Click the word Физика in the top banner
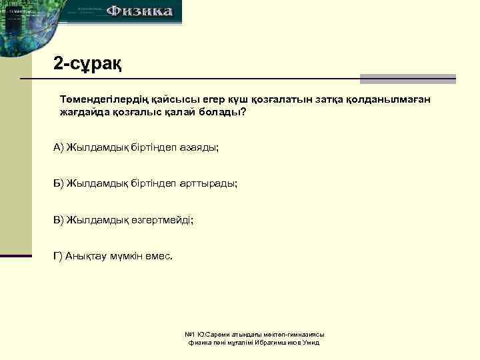(141, 11)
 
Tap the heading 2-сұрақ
(87, 64)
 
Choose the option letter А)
(58, 147)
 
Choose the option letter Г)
(58, 255)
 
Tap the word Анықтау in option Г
(85, 255)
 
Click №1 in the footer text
(189, 334)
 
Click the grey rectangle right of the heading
(407, 79)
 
